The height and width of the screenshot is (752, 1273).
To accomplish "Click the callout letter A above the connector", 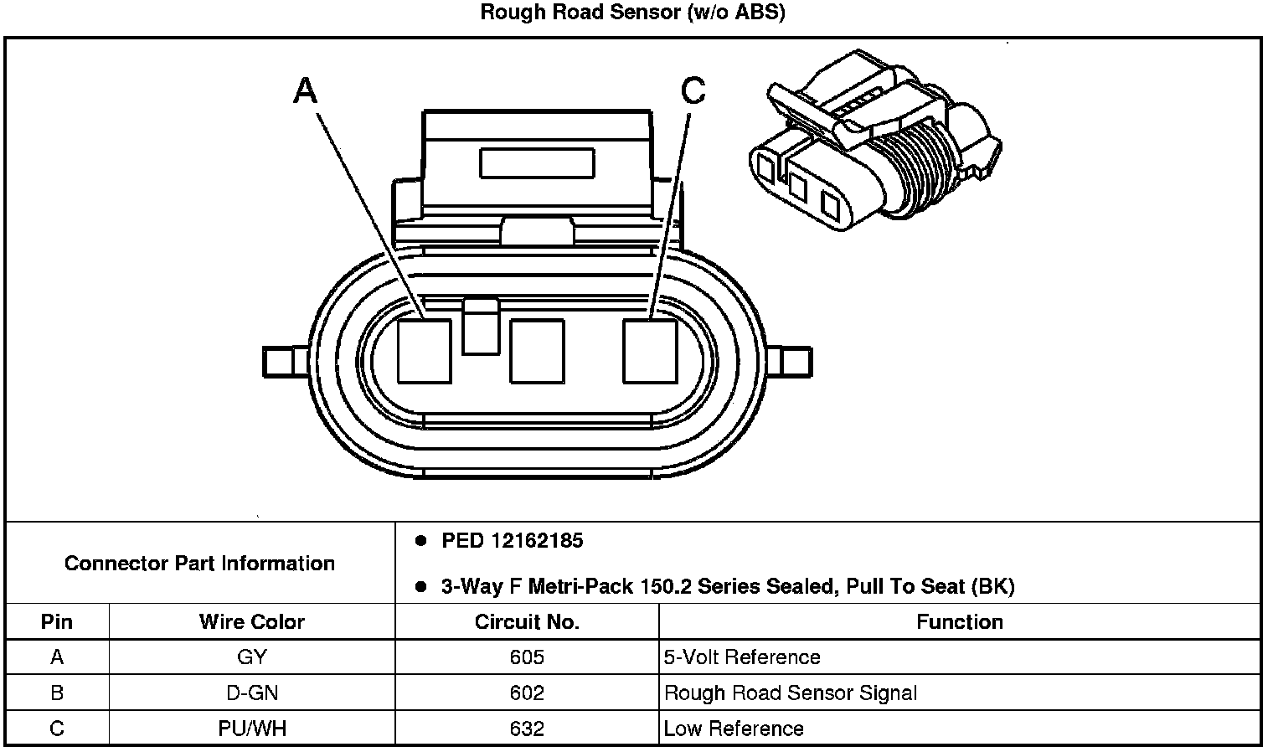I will pyautogui.click(x=306, y=90).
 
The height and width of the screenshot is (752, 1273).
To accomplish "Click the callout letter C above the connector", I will pyautogui.click(x=693, y=90).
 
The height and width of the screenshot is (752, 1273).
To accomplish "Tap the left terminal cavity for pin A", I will pyautogui.click(x=425, y=351).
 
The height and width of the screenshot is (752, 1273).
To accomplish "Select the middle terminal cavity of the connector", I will pyautogui.click(x=537, y=351).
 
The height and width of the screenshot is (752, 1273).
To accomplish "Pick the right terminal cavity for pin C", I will pyautogui.click(x=649, y=351).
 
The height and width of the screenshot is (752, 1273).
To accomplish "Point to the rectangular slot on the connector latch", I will pyautogui.click(x=537, y=162).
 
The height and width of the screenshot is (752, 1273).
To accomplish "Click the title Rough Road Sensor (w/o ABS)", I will pyautogui.click(x=633, y=13).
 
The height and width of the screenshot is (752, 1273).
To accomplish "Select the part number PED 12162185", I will pyautogui.click(x=512, y=541).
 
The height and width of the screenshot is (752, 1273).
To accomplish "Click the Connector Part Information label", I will pyautogui.click(x=199, y=564).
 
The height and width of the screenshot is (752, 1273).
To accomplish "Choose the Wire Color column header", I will pyautogui.click(x=251, y=622).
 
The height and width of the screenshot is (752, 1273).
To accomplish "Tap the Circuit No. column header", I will pyautogui.click(x=527, y=622).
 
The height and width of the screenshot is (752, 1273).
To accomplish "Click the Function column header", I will pyautogui.click(x=959, y=622).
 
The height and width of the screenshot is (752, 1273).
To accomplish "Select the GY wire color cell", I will pyautogui.click(x=251, y=657).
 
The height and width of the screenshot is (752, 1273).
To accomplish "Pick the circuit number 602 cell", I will pyautogui.click(x=527, y=693).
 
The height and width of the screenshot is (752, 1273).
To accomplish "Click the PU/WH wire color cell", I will pyautogui.click(x=251, y=729).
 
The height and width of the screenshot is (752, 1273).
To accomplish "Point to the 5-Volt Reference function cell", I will pyautogui.click(x=742, y=657).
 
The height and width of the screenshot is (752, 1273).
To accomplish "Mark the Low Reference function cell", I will pyautogui.click(x=734, y=729).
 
